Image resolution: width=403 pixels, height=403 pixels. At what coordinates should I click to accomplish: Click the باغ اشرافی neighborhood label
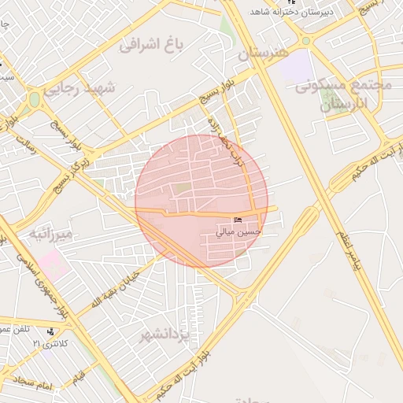(152, 44)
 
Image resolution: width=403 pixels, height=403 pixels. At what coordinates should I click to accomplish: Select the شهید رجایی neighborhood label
(79, 87)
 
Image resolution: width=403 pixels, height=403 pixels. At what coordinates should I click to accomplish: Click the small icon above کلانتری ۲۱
(50, 332)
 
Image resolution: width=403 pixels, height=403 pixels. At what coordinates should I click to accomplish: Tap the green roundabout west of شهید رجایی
(34, 100)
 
